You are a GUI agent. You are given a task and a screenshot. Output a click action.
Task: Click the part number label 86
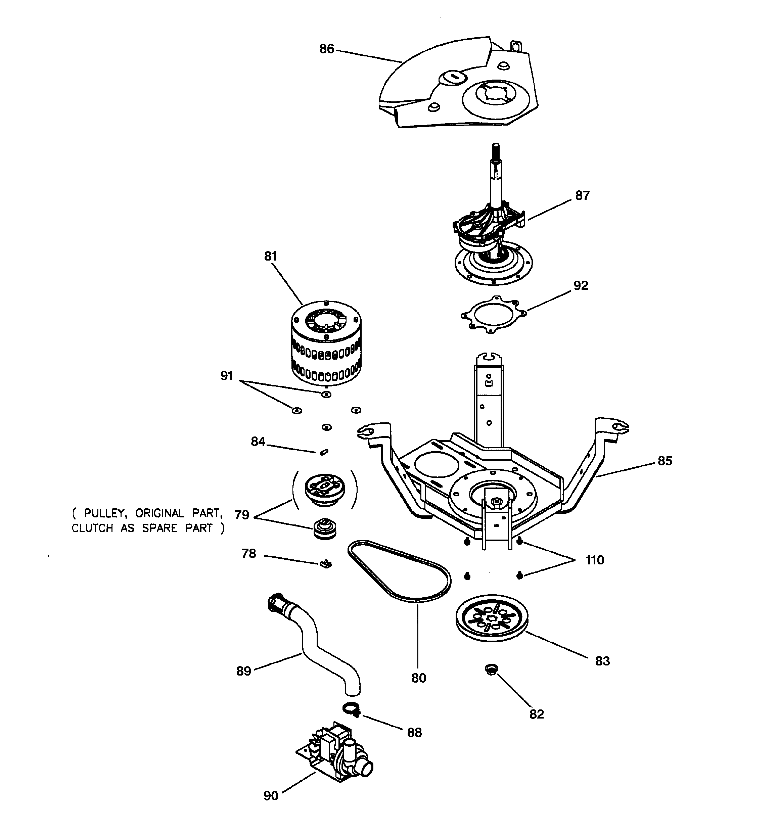click(327, 49)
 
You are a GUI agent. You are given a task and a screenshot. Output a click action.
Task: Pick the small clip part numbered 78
click(326, 565)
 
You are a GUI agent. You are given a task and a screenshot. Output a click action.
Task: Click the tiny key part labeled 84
click(324, 452)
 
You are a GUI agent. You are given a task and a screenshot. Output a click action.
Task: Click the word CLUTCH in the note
click(92, 528)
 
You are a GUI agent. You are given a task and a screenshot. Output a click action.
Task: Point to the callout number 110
click(594, 560)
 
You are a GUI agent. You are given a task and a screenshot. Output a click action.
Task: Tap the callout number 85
click(665, 461)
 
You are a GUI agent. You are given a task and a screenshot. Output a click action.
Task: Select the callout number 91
click(226, 376)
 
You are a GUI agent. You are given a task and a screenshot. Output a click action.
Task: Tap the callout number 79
click(242, 515)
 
